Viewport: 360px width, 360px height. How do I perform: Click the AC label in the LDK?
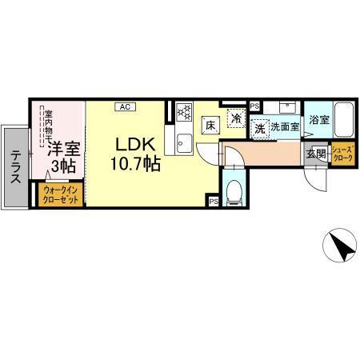pos(125,106)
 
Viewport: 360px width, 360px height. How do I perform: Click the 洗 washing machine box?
pos(259,126)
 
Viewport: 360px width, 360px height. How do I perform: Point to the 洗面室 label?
pos(285,126)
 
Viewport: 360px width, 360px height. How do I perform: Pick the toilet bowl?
pos(235,192)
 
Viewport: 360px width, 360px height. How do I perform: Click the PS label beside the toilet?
pos(214,202)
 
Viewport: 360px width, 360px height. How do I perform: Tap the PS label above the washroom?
pos(254,105)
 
